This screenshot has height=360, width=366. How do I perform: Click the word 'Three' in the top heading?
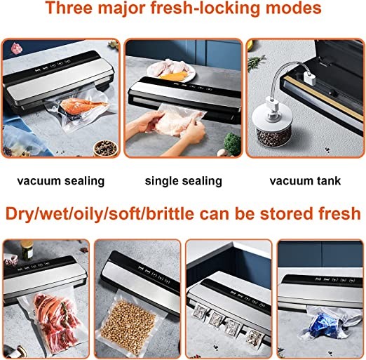point(69,8)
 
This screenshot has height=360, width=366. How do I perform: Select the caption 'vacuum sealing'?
point(61,181)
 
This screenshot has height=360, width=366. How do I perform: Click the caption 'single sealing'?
point(184,181)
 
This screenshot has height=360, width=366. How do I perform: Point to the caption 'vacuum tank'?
point(305,181)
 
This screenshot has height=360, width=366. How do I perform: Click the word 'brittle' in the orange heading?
point(170,213)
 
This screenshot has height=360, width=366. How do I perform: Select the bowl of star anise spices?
point(105,148)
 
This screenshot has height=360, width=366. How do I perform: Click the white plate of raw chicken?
point(171,69)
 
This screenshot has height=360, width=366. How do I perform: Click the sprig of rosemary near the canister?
point(257,62)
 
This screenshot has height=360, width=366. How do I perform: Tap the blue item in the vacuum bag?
point(325,326)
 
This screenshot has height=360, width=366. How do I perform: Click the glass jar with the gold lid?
point(27,251)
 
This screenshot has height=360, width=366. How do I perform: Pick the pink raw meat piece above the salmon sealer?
point(17,48)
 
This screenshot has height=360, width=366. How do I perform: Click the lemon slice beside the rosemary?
point(250,46)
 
